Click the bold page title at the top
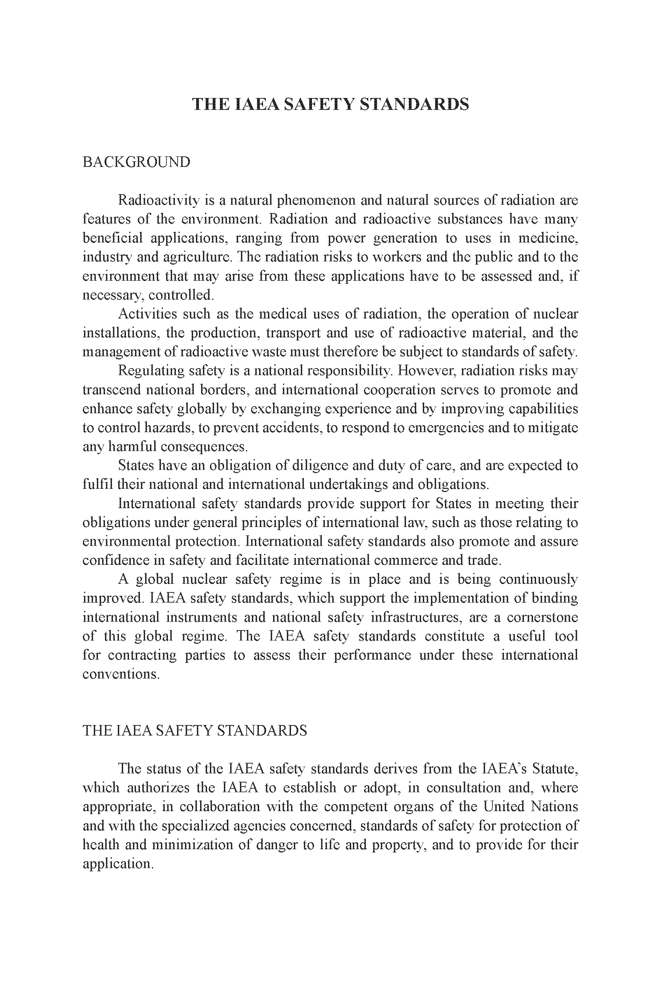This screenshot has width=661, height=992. point(330,104)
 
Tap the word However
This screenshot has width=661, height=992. point(427,371)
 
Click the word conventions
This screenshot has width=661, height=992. point(121,674)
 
